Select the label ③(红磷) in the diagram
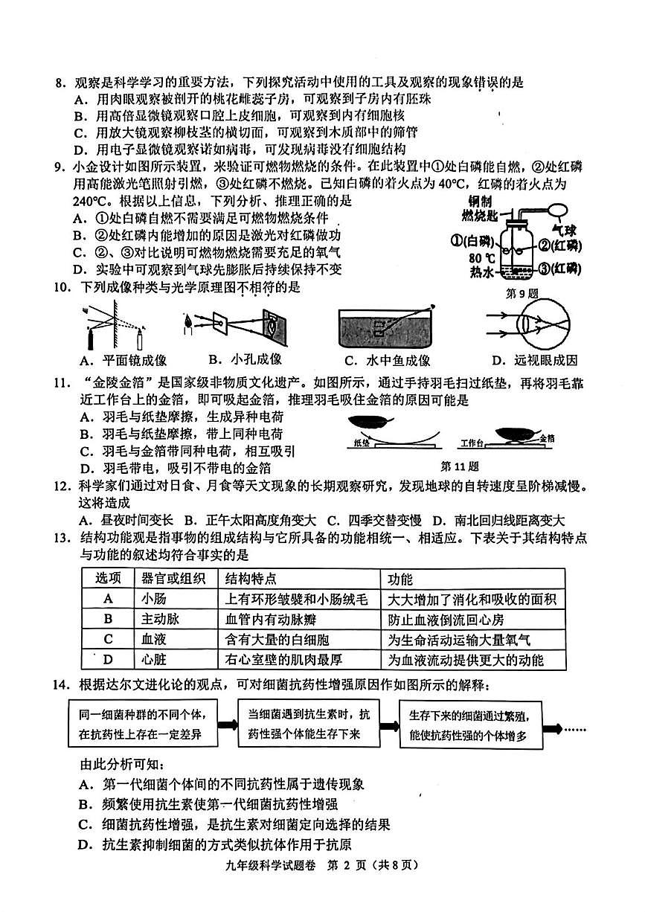tap(571, 269)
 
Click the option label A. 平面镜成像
tap(123, 361)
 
